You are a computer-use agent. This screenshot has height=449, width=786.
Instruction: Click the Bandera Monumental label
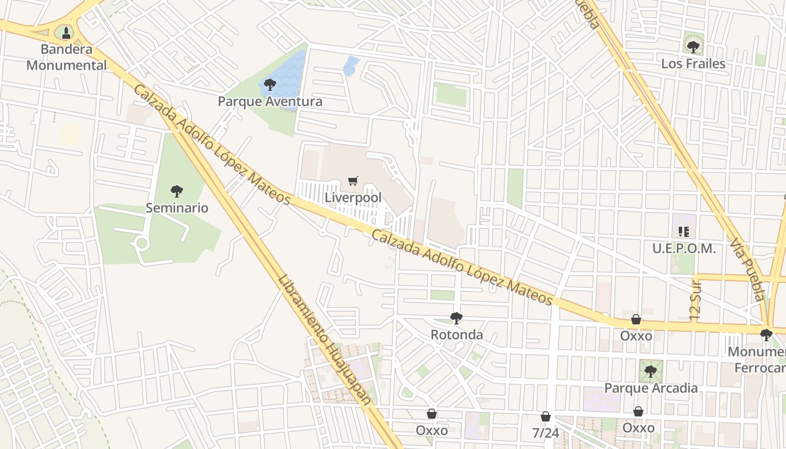(x=66, y=57)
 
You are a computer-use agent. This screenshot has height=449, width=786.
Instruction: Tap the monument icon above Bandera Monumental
(x=66, y=33)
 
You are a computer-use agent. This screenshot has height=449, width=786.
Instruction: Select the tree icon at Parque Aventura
(x=270, y=85)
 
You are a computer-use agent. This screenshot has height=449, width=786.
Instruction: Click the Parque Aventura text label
(x=270, y=102)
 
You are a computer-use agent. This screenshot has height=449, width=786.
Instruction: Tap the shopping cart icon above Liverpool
(x=353, y=181)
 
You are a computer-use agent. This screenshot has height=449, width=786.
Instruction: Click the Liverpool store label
(x=353, y=198)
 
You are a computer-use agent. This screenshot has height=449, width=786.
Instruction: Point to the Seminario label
(x=177, y=208)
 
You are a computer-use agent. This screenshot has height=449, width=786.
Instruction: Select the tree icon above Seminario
(x=177, y=191)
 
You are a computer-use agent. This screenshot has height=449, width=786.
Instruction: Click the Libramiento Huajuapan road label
(x=325, y=339)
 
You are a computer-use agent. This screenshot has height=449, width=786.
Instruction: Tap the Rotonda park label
(x=456, y=335)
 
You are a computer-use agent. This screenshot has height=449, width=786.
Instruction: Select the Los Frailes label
(x=693, y=63)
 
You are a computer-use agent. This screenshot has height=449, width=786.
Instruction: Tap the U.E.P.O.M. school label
(x=684, y=248)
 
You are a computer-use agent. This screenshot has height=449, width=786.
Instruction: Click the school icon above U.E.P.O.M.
(x=684, y=231)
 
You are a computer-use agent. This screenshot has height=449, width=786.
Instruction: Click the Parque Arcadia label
(x=651, y=388)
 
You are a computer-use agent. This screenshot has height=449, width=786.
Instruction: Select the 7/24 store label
(x=545, y=433)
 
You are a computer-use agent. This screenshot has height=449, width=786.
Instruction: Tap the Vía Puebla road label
(x=748, y=269)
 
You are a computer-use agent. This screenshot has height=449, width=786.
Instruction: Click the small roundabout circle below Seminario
(x=141, y=243)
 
